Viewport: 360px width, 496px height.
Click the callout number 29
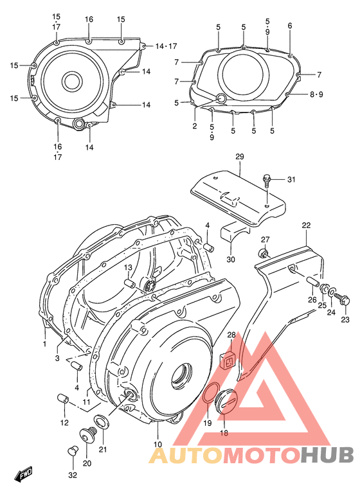tap(239, 157)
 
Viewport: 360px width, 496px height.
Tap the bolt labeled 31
tap(267, 179)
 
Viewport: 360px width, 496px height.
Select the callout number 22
tap(306, 225)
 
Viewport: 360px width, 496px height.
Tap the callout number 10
tap(157, 444)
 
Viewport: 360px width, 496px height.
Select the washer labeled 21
tap(101, 421)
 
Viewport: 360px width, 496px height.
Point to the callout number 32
tap(73, 475)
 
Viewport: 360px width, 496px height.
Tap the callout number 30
tap(231, 260)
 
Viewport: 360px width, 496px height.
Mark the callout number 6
tap(290, 26)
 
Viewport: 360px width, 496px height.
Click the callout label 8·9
tap(316, 94)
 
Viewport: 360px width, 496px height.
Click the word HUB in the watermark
tap(328, 455)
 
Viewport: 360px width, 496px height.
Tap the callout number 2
tap(195, 126)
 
